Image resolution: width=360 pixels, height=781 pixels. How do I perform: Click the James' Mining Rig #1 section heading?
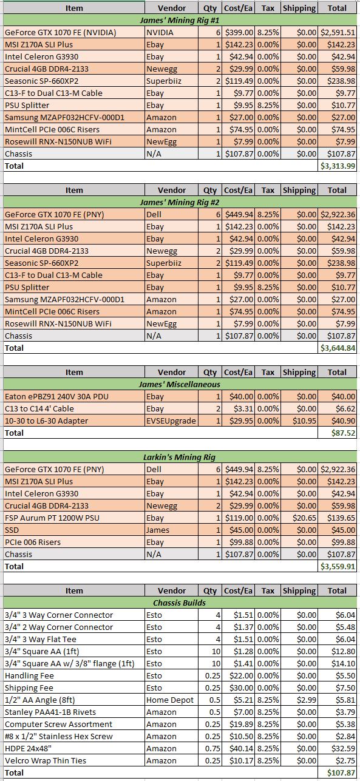[x=179, y=20]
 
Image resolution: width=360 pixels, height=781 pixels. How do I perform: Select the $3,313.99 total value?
[x=338, y=166]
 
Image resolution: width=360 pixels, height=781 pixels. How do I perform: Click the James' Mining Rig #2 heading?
[x=179, y=202]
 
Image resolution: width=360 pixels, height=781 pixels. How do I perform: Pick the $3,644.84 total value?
[x=338, y=348]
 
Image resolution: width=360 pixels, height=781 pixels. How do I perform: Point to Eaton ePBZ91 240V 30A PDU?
[x=56, y=396]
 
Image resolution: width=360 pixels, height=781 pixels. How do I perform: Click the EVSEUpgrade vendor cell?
[x=171, y=421]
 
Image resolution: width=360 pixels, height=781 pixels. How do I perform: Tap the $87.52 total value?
[x=343, y=433]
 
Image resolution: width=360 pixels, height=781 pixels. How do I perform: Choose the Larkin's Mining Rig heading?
[x=179, y=457]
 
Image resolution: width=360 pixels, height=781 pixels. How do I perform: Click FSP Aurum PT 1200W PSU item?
[x=52, y=518]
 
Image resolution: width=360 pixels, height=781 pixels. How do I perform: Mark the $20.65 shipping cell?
[x=304, y=518]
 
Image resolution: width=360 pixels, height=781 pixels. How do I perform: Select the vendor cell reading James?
[x=158, y=530]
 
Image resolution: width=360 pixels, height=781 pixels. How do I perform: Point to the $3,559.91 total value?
[x=338, y=567]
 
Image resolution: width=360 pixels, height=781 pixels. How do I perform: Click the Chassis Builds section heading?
[x=179, y=603]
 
